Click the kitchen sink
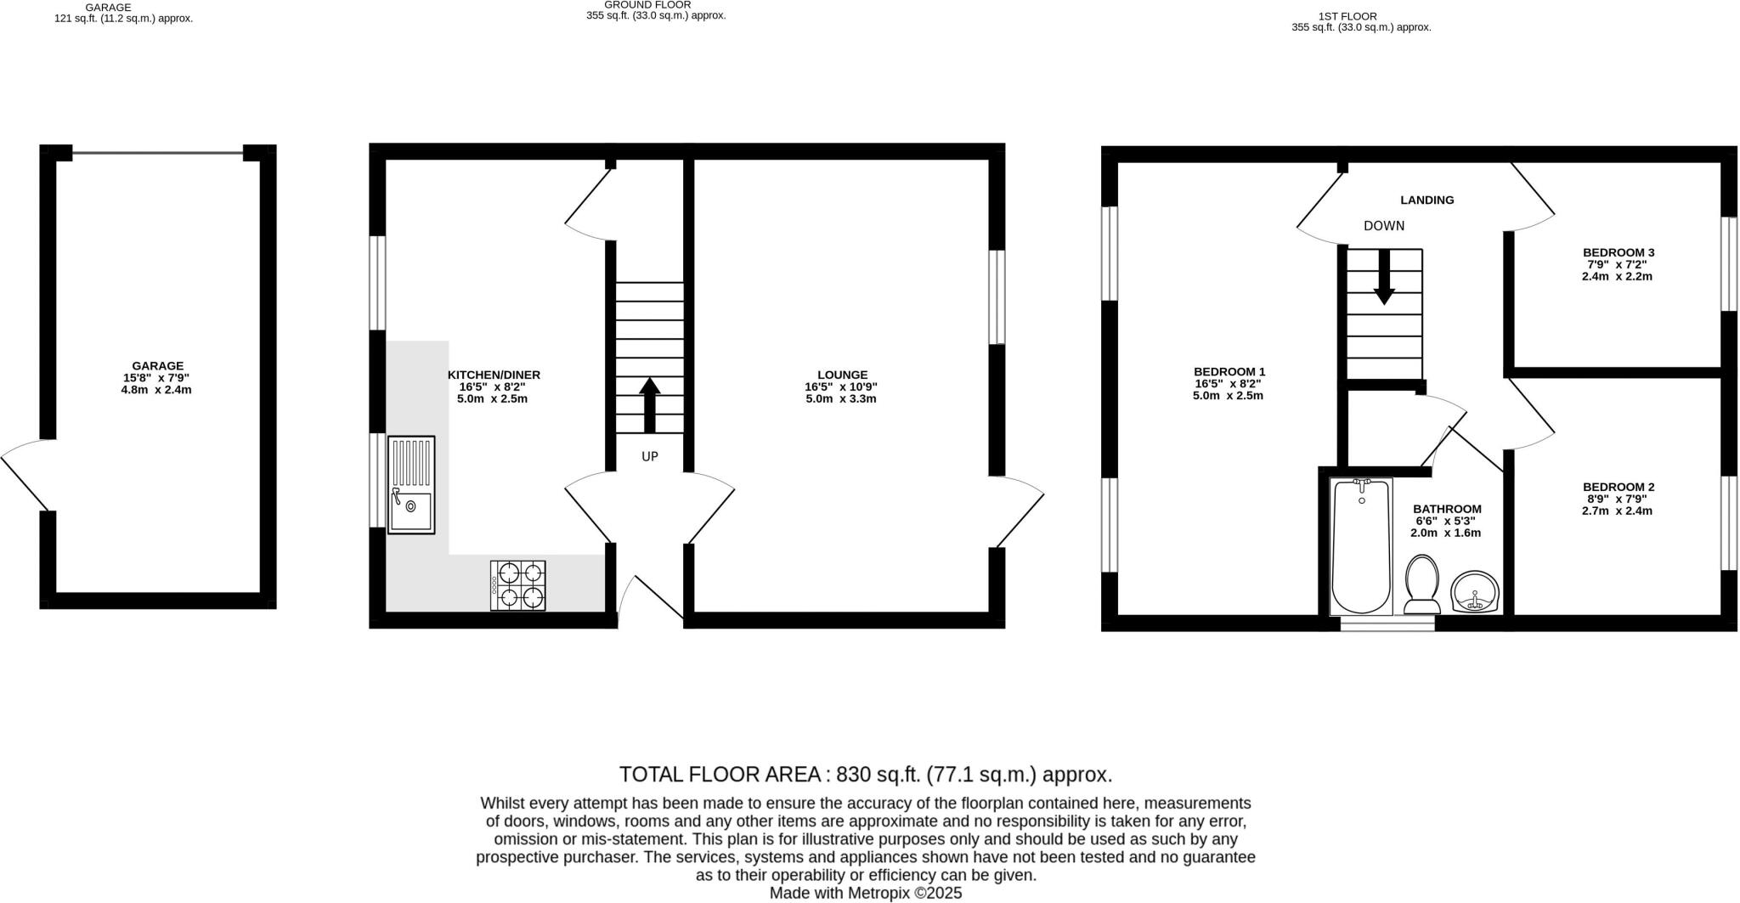coord(411,485)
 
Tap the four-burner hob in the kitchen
coord(517,585)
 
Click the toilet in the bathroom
coord(1421,584)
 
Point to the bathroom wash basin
coord(1475,592)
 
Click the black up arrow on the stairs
coord(650,405)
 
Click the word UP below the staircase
coord(650,457)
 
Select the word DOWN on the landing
coord(1384,226)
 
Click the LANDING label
coord(1427,200)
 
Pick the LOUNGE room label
coord(842,375)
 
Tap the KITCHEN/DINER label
coord(494,375)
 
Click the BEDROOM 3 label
coord(1618,252)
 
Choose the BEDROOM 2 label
coord(1618,487)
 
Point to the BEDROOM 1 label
coord(1229,371)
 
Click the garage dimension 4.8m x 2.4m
coord(157,390)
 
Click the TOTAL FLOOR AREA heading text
coord(865,775)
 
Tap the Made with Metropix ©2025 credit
coord(865,893)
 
